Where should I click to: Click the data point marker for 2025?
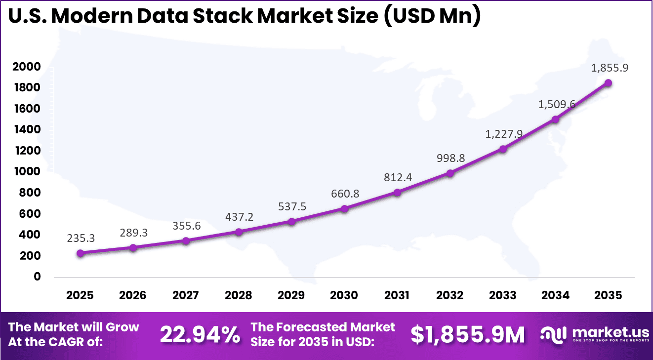pyautogui.click(x=80, y=253)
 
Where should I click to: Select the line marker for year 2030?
pyautogui.click(x=344, y=208)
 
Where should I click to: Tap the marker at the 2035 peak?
pyautogui.click(x=608, y=83)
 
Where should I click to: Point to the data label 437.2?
pyautogui.click(x=239, y=217)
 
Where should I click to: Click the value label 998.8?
pyautogui.click(x=450, y=159)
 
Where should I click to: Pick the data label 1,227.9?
pyautogui.click(x=503, y=134)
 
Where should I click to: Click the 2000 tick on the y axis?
pyautogui.click(x=30, y=67)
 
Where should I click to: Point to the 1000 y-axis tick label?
pyautogui.click(x=30, y=172)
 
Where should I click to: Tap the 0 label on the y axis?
pyautogui.click(x=37, y=277)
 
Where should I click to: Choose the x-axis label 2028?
pyautogui.click(x=239, y=295)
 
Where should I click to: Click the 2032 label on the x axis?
pyautogui.click(x=450, y=295)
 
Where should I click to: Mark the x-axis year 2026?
pyautogui.click(x=133, y=295)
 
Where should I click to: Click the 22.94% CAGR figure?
pyautogui.click(x=200, y=335)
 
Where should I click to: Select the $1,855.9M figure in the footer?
pyautogui.click(x=468, y=335)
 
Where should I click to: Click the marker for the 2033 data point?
pyautogui.click(x=503, y=149)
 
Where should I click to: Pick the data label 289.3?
pyautogui.click(x=133, y=233)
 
